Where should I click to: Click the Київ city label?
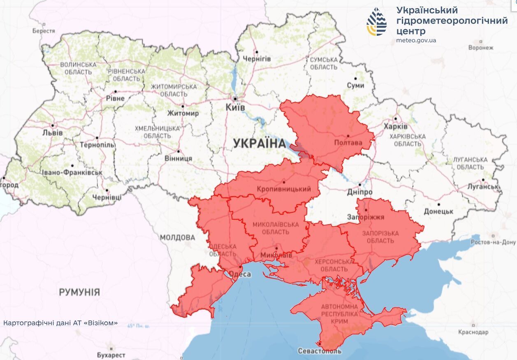click(x=235, y=107)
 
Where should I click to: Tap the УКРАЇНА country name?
click(x=259, y=144)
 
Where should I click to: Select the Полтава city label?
click(x=348, y=143)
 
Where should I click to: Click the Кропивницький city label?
click(x=283, y=189)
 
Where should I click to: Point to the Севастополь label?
click(x=320, y=351)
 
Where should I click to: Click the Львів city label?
click(x=53, y=132)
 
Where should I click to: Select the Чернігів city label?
click(x=257, y=59)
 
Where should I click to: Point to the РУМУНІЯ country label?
click(x=79, y=292)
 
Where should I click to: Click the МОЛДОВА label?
click(x=177, y=237)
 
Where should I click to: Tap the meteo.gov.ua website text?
click(x=416, y=40)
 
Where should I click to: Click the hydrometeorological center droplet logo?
click(x=377, y=21)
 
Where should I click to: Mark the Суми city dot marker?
click(x=355, y=78)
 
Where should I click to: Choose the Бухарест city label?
click(x=111, y=355)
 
